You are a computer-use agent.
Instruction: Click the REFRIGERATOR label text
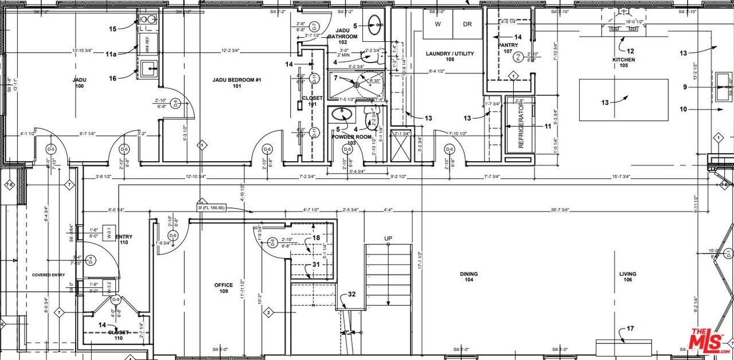[x=521, y=126]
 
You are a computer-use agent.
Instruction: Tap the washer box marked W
[x=438, y=24]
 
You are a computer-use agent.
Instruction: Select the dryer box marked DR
[x=467, y=24]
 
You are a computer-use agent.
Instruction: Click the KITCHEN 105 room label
[x=623, y=62]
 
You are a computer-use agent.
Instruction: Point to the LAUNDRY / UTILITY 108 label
[x=450, y=56]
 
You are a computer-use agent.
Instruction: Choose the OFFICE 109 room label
[x=223, y=288]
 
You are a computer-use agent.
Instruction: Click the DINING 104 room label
[x=468, y=277]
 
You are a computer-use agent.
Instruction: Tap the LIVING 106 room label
[x=627, y=277]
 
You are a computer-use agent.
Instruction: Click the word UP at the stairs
[x=388, y=238]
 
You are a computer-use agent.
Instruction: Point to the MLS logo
[x=709, y=341]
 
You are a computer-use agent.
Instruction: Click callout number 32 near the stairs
[x=352, y=295]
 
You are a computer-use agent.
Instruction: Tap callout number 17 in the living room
[x=630, y=328]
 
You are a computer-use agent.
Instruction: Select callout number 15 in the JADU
[x=112, y=29]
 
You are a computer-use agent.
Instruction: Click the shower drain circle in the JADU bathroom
[x=357, y=85]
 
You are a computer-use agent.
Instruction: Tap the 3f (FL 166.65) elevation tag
[x=211, y=208]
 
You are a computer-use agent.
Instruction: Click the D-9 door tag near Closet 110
[x=115, y=299]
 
